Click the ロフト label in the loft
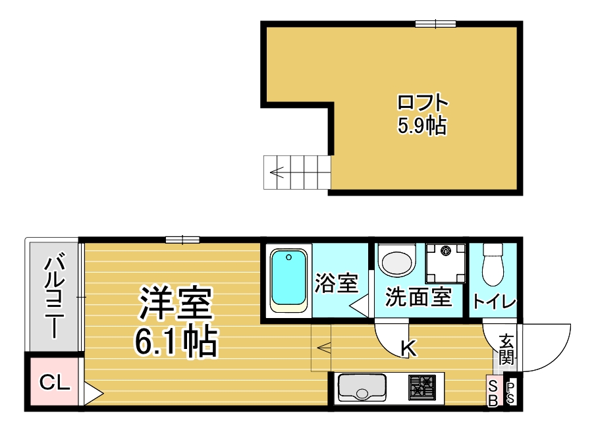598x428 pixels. point(422,103)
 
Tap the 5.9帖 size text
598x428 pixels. point(422,125)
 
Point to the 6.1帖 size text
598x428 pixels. point(176,341)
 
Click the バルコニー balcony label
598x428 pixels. point(54,295)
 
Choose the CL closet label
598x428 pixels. point(55,382)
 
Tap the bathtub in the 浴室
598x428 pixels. point(288,281)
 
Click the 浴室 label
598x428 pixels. point(336,283)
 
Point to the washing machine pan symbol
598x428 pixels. point(445,263)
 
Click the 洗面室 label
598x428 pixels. point(418,297)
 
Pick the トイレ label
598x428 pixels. point(494,302)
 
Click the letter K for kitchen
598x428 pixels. point(408,348)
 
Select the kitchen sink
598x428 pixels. point(362,388)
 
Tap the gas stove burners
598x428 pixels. point(421,388)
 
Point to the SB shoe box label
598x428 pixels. point(493,393)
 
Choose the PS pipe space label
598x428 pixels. point(510,393)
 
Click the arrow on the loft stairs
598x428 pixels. point(277,173)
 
